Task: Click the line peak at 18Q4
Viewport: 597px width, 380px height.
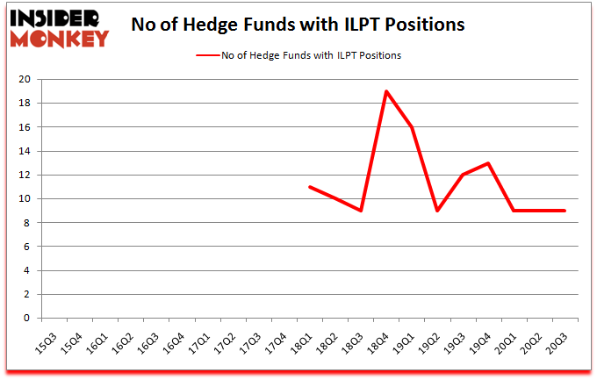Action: (386, 91)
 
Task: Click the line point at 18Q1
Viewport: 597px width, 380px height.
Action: (310, 187)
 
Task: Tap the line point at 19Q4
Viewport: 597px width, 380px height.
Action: (488, 163)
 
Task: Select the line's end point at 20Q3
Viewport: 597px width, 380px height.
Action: (565, 211)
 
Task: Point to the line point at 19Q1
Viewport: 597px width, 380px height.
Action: (412, 127)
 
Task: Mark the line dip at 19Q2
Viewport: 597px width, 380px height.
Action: (437, 211)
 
